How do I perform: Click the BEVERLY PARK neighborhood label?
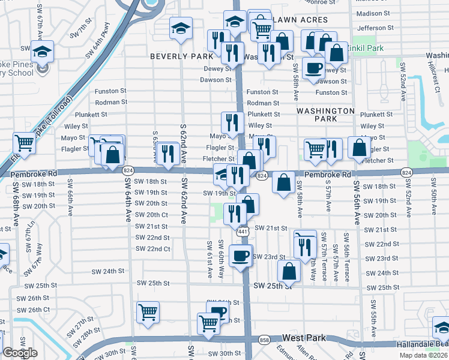point(182,56)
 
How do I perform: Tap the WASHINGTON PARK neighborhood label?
point(325,115)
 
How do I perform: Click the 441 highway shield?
point(243,232)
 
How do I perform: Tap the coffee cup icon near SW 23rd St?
point(241,256)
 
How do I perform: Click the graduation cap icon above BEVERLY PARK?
point(179,28)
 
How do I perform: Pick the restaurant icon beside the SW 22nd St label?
point(306,244)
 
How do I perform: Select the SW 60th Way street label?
point(221,259)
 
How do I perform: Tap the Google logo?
point(20,353)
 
